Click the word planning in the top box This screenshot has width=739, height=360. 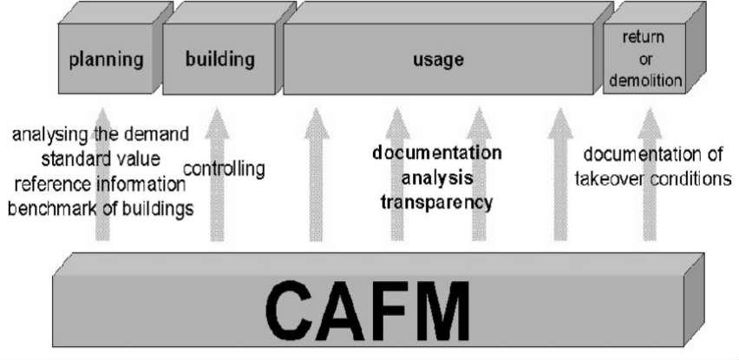click(x=105, y=61)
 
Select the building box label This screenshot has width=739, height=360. click(x=220, y=60)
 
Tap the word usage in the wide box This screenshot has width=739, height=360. click(x=439, y=61)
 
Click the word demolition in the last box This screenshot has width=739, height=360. click(x=644, y=81)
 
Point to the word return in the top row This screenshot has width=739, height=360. click(x=644, y=37)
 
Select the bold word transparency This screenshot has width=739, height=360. click(x=437, y=203)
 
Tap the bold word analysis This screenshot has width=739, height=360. click(x=437, y=179)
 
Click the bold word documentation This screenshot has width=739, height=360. click(x=437, y=154)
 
